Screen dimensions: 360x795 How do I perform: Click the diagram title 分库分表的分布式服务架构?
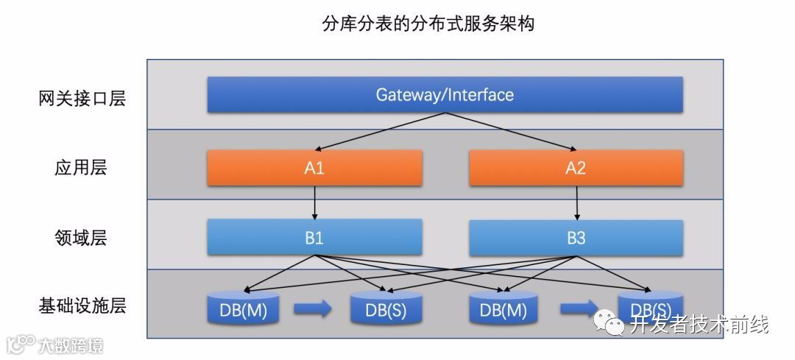coord(428,24)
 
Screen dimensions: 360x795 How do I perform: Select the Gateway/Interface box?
coord(445,95)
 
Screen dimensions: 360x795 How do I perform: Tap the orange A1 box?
coord(314,168)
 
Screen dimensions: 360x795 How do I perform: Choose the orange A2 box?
coord(576,168)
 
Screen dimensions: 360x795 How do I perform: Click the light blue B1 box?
coord(314,238)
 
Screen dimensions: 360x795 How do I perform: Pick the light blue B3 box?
coord(576,238)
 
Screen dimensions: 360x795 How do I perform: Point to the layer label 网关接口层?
coord(82,98)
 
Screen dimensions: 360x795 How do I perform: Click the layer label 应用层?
coord(81,167)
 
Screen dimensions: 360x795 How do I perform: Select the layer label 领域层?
coord(81,238)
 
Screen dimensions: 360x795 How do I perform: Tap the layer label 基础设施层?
coord(82,306)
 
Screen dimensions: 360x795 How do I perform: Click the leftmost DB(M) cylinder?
coord(243,309)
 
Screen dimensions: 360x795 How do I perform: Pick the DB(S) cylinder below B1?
coord(386,309)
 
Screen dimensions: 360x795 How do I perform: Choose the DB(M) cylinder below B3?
coord(504,309)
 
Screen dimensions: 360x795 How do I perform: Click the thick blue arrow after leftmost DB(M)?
coord(312,309)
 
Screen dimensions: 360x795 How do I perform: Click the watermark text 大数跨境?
coord(70,345)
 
